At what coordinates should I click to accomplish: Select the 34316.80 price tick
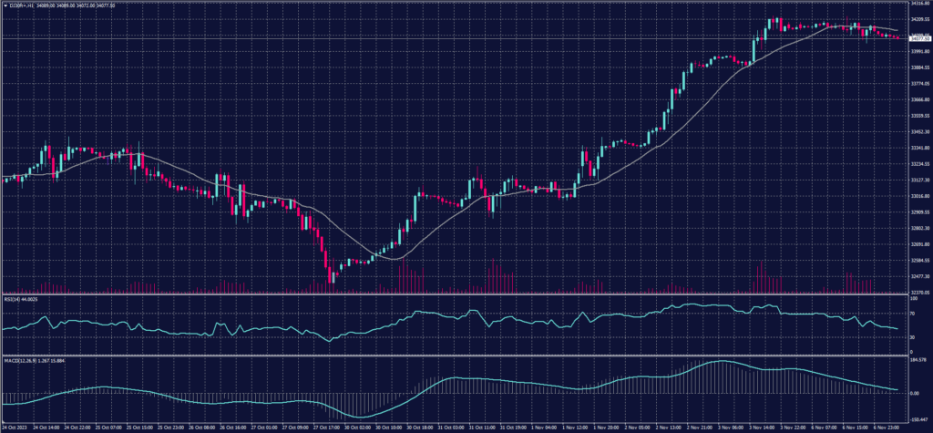[x=919, y=4]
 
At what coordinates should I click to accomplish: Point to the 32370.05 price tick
[x=919, y=293]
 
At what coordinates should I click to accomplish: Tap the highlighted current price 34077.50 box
[x=919, y=38]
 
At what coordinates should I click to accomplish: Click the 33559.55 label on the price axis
[x=919, y=116]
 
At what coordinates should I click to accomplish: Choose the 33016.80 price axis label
[x=919, y=196]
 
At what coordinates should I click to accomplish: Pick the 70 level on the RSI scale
[x=913, y=314]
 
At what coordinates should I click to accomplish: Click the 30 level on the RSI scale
[x=913, y=337]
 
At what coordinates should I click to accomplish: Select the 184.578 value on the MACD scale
[x=918, y=358]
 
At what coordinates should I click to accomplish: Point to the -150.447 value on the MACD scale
[x=918, y=418]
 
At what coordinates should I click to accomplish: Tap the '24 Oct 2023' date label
[x=15, y=426]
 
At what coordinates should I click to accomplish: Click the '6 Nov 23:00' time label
[x=886, y=426]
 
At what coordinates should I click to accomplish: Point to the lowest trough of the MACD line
[x=357, y=416]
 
